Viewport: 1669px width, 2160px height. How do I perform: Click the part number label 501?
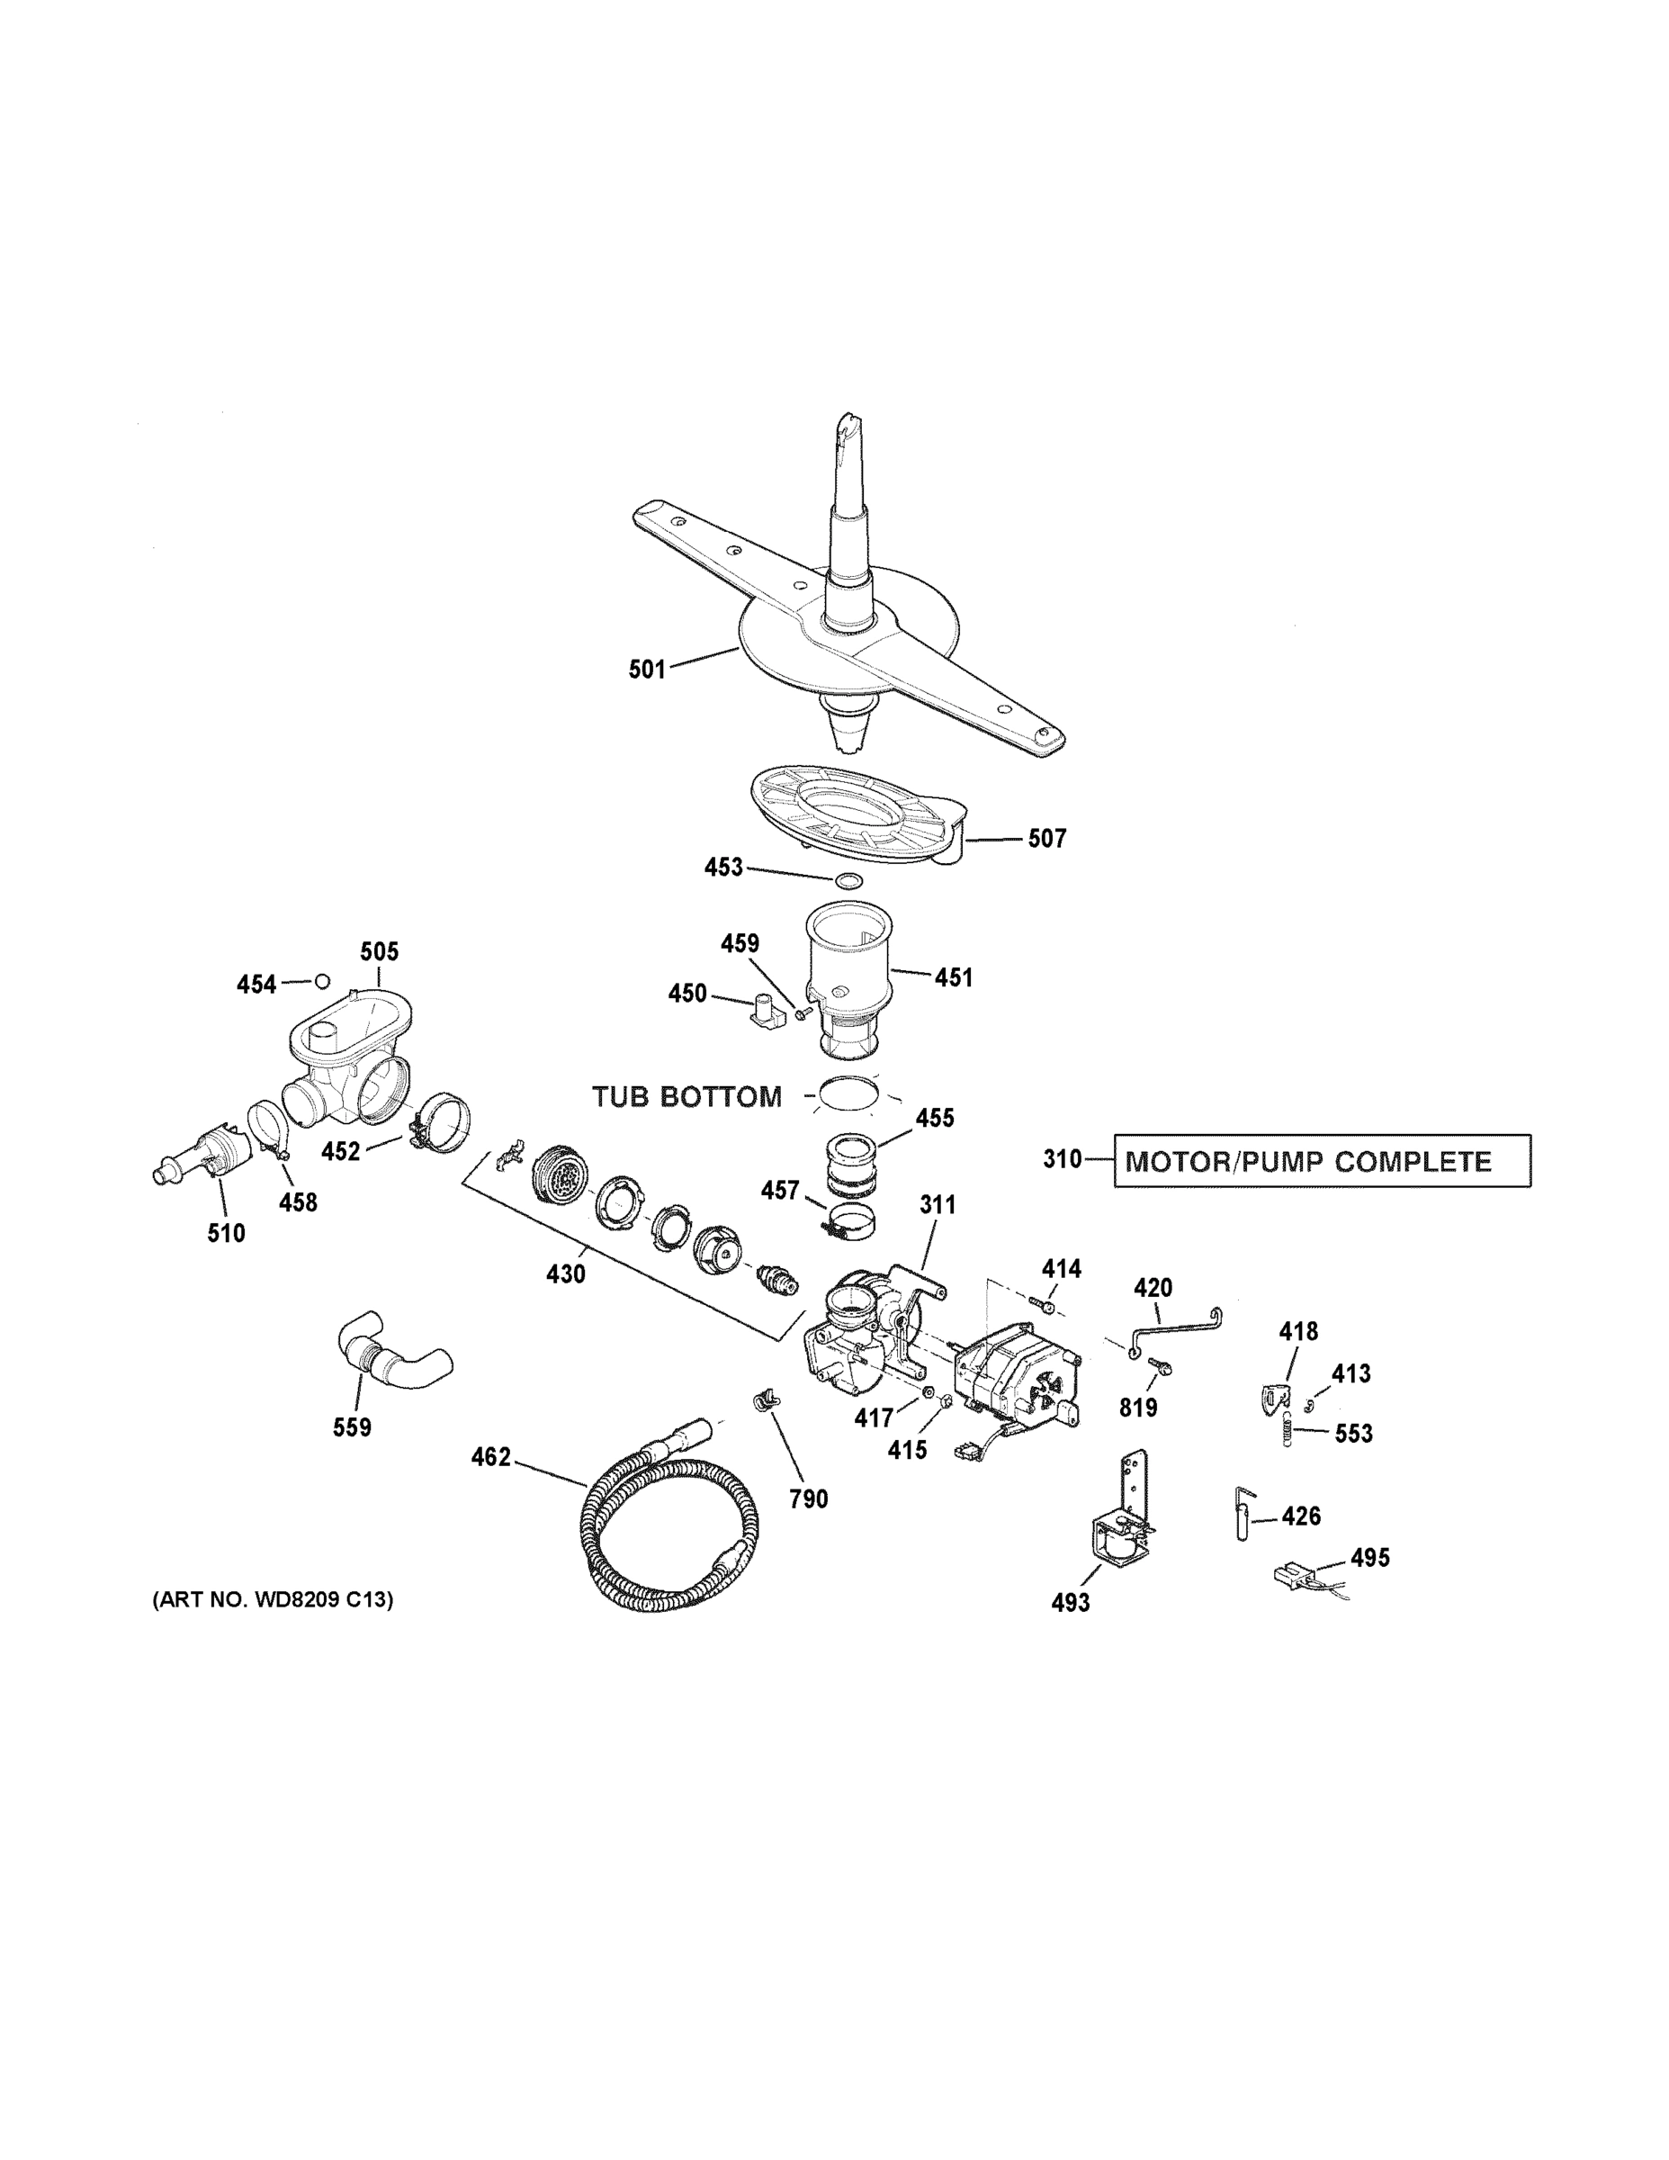tap(647, 670)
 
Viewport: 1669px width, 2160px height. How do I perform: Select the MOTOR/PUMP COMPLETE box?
tap(1322, 1160)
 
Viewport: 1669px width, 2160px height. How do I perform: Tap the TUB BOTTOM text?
tap(686, 1097)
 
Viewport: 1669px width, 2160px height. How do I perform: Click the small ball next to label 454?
tap(321, 981)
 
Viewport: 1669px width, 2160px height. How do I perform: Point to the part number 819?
tap(1138, 1408)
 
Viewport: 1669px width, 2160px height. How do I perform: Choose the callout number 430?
tap(566, 1273)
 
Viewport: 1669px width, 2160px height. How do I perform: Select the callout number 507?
tap(1047, 839)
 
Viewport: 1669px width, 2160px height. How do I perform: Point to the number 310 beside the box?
tap(1062, 1158)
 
